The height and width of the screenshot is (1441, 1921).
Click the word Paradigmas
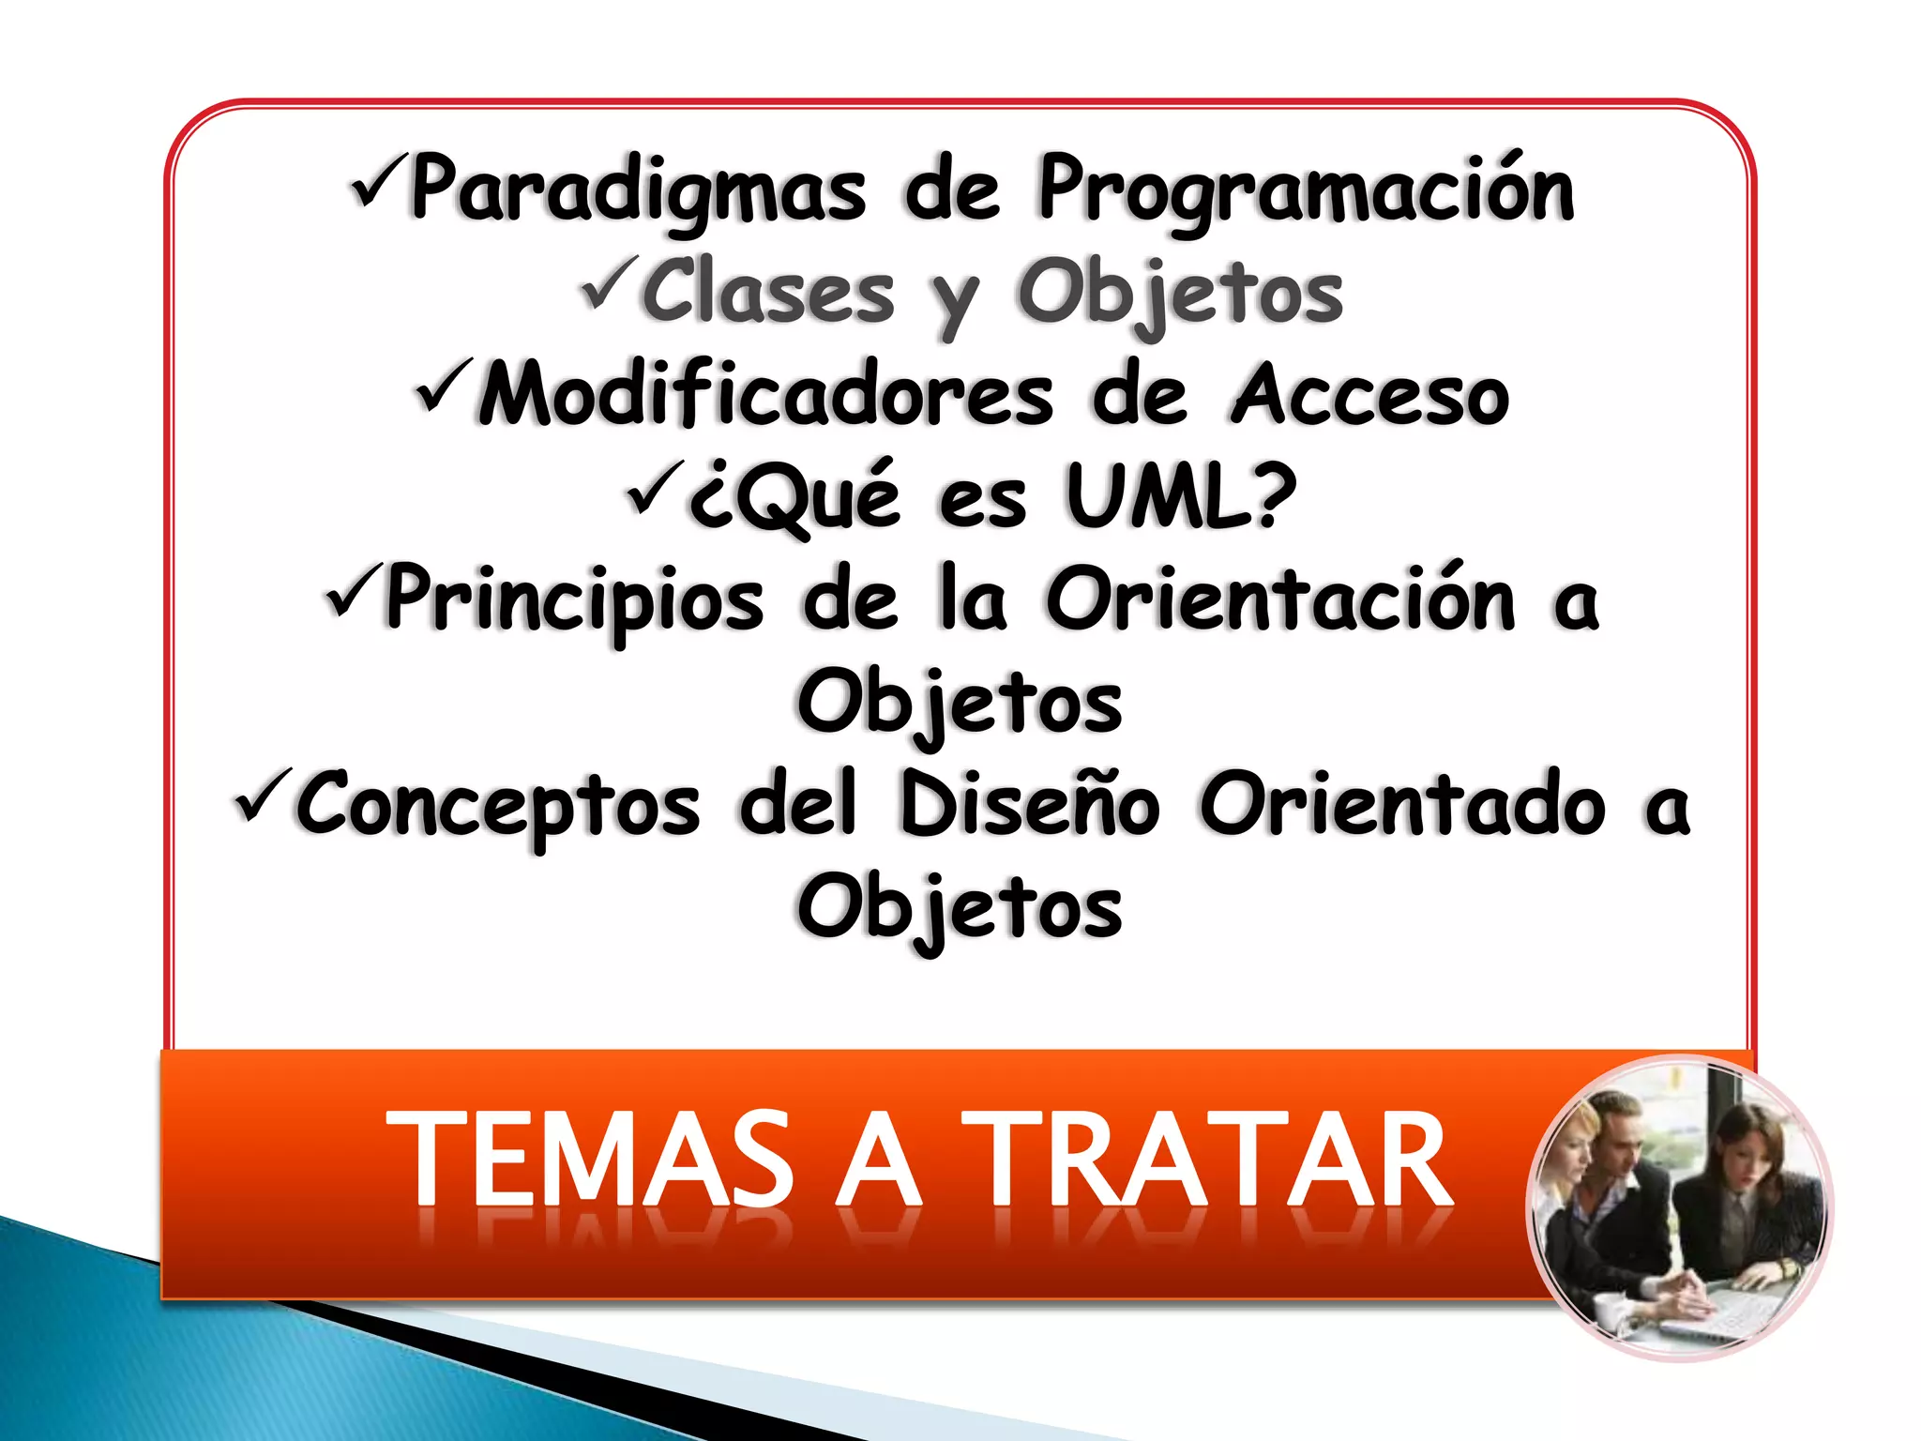[638, 190]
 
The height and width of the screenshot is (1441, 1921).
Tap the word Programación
[1306, 190]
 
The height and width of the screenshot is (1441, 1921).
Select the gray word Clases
[768, 293]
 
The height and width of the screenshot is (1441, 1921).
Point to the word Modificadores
[765, 395]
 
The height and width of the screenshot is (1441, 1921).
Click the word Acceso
[1369, 395]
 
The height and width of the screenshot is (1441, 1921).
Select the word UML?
[1182, 496]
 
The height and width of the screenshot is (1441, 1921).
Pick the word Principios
[574, 599]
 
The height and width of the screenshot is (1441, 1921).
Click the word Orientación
[1279, 599]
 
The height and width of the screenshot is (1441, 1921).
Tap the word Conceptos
[498, 804]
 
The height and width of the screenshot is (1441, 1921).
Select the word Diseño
[1029, 804]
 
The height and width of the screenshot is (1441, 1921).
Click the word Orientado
[1402, 804]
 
